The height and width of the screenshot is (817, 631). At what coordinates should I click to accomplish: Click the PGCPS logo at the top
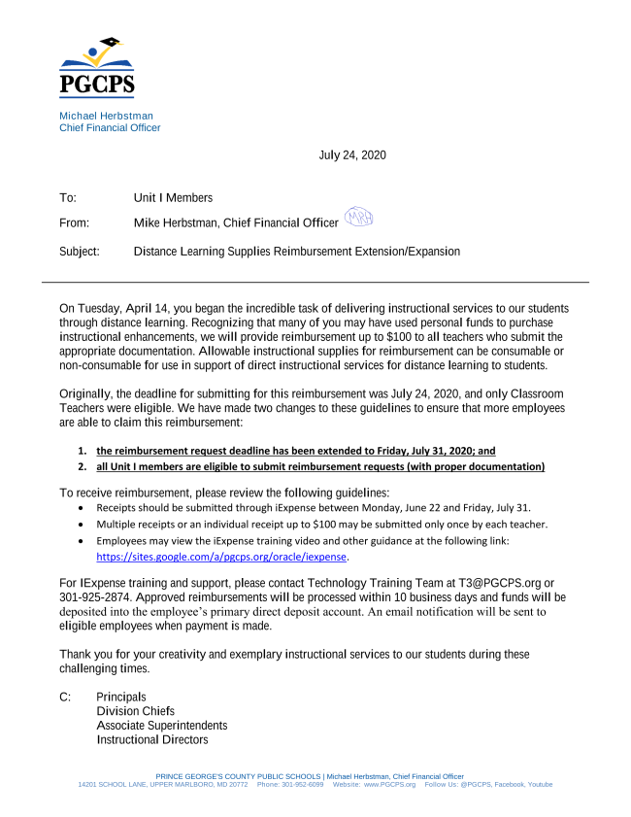(97, 68)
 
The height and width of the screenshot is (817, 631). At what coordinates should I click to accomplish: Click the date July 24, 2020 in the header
(352, 155)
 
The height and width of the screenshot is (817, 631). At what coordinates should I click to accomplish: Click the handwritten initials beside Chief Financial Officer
(358, 220)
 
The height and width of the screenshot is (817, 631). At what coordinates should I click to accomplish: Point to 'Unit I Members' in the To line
(173, 198)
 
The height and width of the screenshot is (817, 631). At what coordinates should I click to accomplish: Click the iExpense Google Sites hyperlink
(222, 558)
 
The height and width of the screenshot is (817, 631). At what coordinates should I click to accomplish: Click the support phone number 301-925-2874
(93, 597)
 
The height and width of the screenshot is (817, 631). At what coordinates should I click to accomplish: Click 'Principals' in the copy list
(121, 698)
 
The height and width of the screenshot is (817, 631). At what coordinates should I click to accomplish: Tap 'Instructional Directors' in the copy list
(151, 740)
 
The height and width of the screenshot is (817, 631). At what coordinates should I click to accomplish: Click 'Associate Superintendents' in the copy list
(162, 726)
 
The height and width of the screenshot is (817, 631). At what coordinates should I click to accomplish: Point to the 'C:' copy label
(66, 698)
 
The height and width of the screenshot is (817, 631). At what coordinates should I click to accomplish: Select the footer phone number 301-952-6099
(304, 785)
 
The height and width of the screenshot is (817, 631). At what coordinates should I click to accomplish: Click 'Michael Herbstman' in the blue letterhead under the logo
(106, 116)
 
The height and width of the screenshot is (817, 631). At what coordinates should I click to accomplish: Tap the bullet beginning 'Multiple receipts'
(321, 525)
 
